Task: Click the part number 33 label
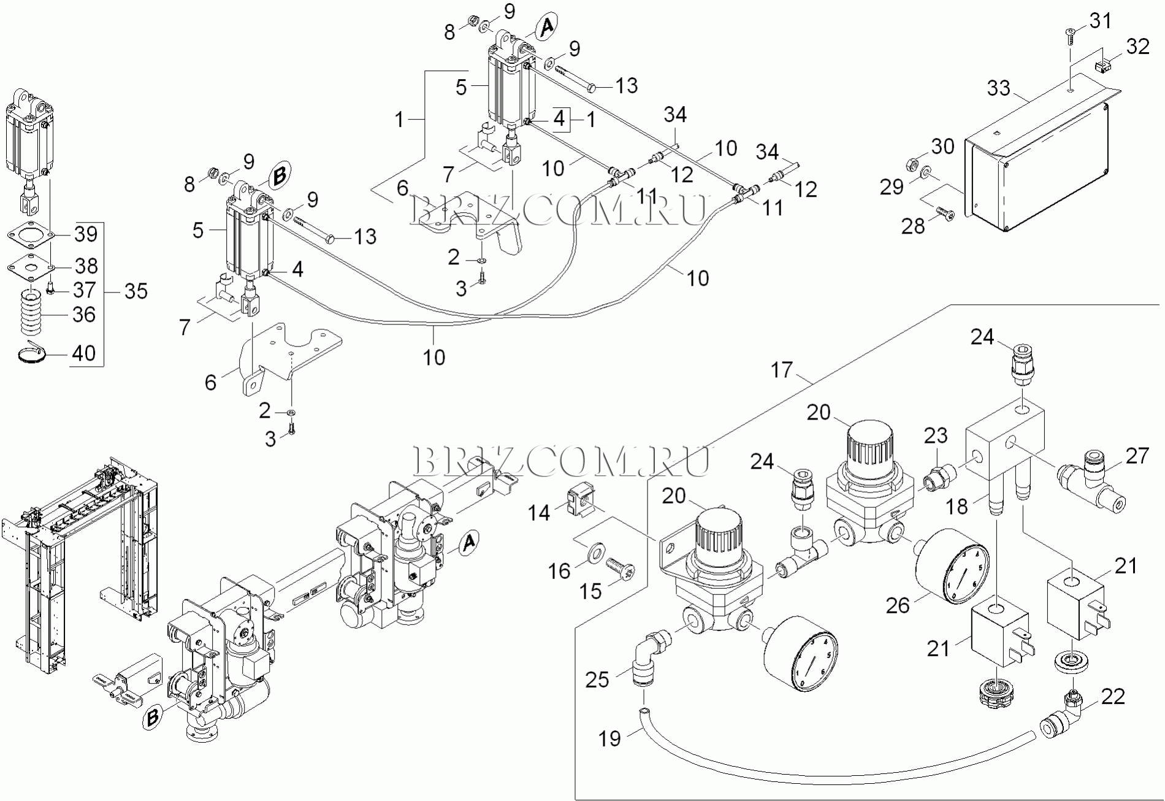pos(998,88)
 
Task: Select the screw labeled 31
pos(1071,35)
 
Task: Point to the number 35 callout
pos(136,291)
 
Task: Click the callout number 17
pos(781,370)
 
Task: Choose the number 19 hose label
pos(609,738)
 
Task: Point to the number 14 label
pos(540,512)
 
